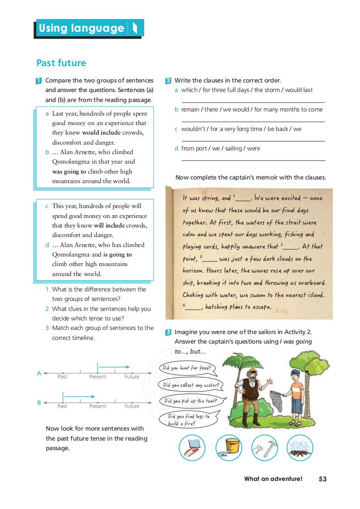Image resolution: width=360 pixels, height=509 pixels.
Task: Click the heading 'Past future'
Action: click(61, 63)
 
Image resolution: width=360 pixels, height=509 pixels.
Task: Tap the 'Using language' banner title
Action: click(81, 28)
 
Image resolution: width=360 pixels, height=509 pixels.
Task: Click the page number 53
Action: click(322, 479)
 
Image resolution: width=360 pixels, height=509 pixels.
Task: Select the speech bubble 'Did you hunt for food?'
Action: click(187, 368)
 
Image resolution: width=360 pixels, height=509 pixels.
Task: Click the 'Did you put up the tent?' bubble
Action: click(190, 401)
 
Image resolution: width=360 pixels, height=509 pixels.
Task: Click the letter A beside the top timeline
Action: click(39, 373)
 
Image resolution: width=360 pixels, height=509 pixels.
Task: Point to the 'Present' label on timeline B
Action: click(97, 406)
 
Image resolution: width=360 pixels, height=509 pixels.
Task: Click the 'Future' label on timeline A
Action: click(132, 377)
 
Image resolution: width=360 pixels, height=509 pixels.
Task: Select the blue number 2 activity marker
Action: click(168, 81)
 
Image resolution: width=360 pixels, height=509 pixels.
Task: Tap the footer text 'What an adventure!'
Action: click(273, 479)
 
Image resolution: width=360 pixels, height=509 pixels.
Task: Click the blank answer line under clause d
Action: click(253, 160)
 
